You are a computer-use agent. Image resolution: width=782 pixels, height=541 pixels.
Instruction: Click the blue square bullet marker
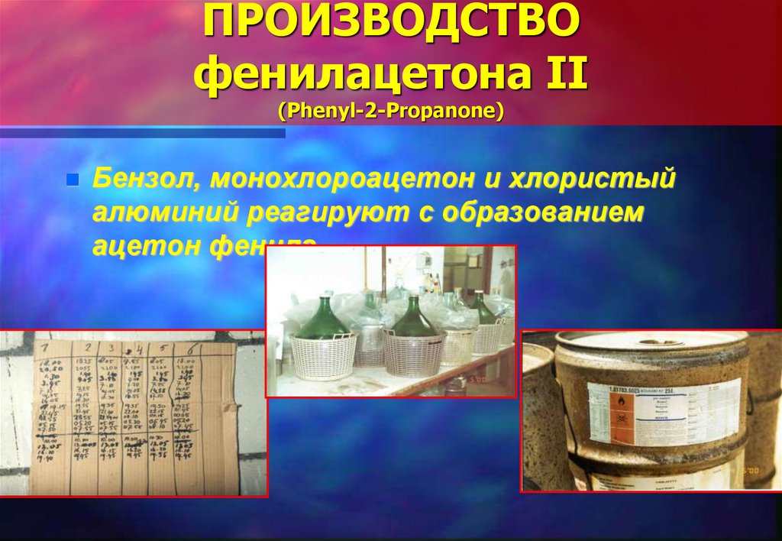pyautogui.click(x=73, y=181)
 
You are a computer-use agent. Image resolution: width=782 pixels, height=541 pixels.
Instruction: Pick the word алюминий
pyautogui.click(x=163, y=213)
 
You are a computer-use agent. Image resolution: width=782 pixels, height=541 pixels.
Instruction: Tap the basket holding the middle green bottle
pyautogui.click(x=412, y=354)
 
